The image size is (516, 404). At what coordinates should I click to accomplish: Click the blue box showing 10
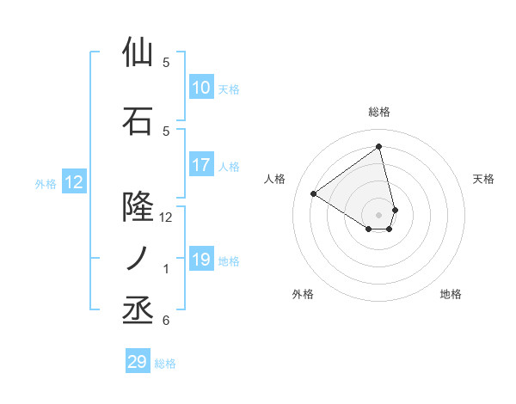click(x=201, y=88)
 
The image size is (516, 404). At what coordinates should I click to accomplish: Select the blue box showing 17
click(x=201, y=165)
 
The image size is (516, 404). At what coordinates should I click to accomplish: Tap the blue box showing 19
click(x=201, y=260)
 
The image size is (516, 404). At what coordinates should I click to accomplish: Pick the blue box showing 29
click(x=138, y=362)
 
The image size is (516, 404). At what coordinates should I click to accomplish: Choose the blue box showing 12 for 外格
click(x=74, y=182)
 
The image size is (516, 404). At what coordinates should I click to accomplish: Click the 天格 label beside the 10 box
click(x=229, y=89)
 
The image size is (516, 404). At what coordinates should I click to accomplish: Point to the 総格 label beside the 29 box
click(x=165, y=363)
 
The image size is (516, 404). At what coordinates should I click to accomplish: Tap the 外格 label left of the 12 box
click(x=46, y=183)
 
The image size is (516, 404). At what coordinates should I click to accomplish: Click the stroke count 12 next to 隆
click(x=166, y=217)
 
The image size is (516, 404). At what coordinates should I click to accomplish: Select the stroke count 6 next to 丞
click(x=166, y=321)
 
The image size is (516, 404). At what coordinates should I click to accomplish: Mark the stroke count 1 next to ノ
click(x=166, y=269)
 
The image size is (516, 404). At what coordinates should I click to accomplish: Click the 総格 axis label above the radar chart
click(x=379, y=112)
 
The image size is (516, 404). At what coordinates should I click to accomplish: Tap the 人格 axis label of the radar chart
click(x=275, y=179)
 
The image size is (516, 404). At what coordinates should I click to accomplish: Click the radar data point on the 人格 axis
click(x=314, y=194)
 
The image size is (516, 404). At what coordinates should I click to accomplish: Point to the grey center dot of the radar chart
click(x=379, y=214)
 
